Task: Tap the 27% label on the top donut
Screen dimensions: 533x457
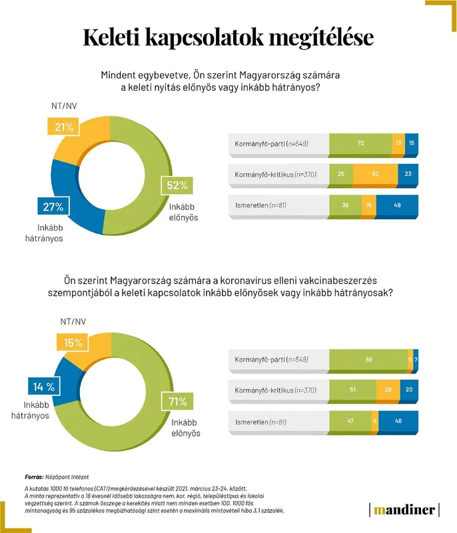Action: tap(53, 207)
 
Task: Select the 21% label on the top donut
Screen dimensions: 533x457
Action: tap(64, 127)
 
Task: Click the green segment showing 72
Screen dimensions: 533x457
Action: tap(360, 144)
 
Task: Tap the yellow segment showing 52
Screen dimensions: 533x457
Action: tap(375, 175)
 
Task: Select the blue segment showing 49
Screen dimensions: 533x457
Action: tap(398, 205)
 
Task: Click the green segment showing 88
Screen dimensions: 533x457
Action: tap(368, 360)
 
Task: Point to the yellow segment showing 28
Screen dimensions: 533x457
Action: tap(388, 390)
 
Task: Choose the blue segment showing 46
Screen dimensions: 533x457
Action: tap(398, 421)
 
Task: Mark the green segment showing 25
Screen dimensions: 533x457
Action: tap(341, 175)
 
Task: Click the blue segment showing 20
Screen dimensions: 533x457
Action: tap(409, 390)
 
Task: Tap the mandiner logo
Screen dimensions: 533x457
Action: tap(404, 510)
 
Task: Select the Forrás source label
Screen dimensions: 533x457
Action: tap(36, 477)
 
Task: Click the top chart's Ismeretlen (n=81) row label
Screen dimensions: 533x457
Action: tap(260, 205)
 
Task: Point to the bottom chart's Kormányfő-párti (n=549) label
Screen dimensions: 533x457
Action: tap(271, 360)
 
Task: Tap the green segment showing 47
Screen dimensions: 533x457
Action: tap(350, 421)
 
